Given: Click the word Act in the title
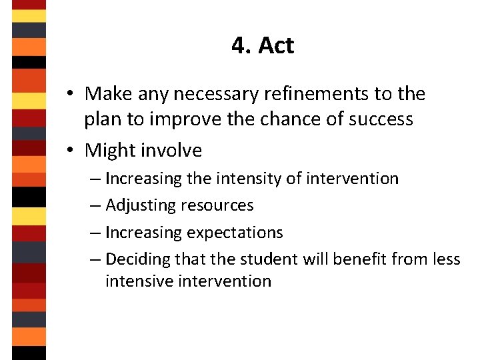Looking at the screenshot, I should [276, 45].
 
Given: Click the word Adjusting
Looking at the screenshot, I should [140, 205].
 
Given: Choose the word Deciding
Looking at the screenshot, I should [137, 259].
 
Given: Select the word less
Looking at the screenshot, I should [445, 259].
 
